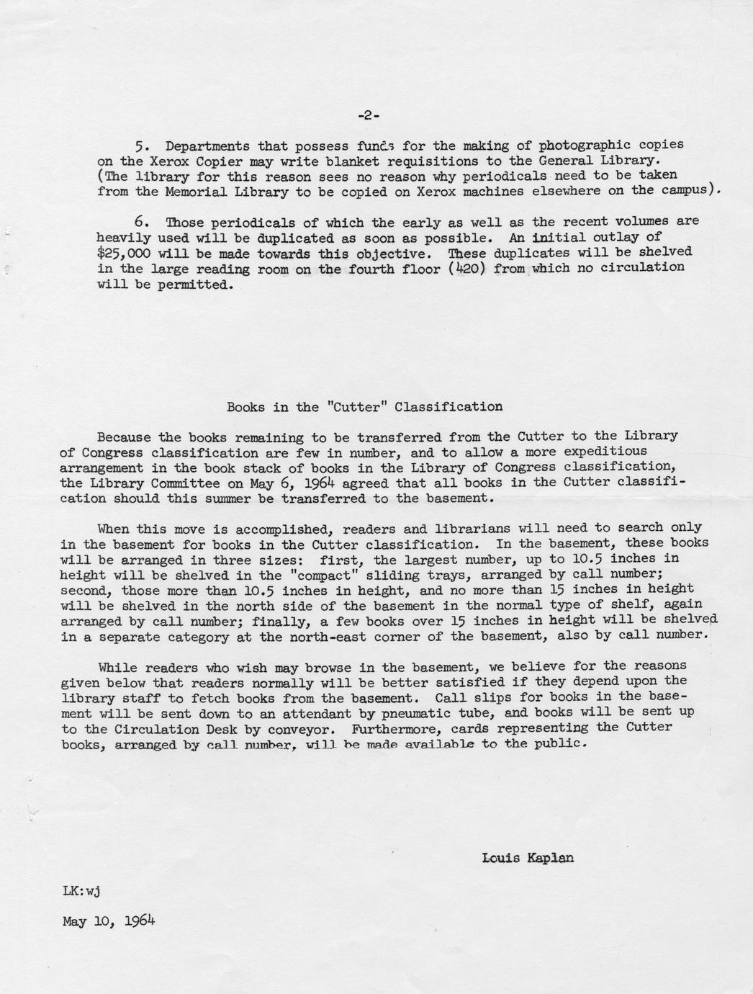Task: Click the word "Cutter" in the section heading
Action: coord(357,406)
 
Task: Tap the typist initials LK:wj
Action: coord(81,891)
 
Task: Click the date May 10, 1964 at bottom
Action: coord(109,921)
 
